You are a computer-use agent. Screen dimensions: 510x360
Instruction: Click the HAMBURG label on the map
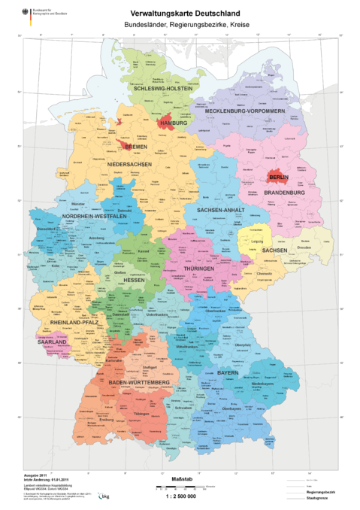[173, 122]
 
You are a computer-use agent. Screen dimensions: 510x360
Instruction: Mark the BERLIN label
[278, 177]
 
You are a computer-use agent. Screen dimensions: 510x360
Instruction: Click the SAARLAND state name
[52, 342]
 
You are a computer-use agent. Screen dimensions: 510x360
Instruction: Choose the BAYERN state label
[228, 372]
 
